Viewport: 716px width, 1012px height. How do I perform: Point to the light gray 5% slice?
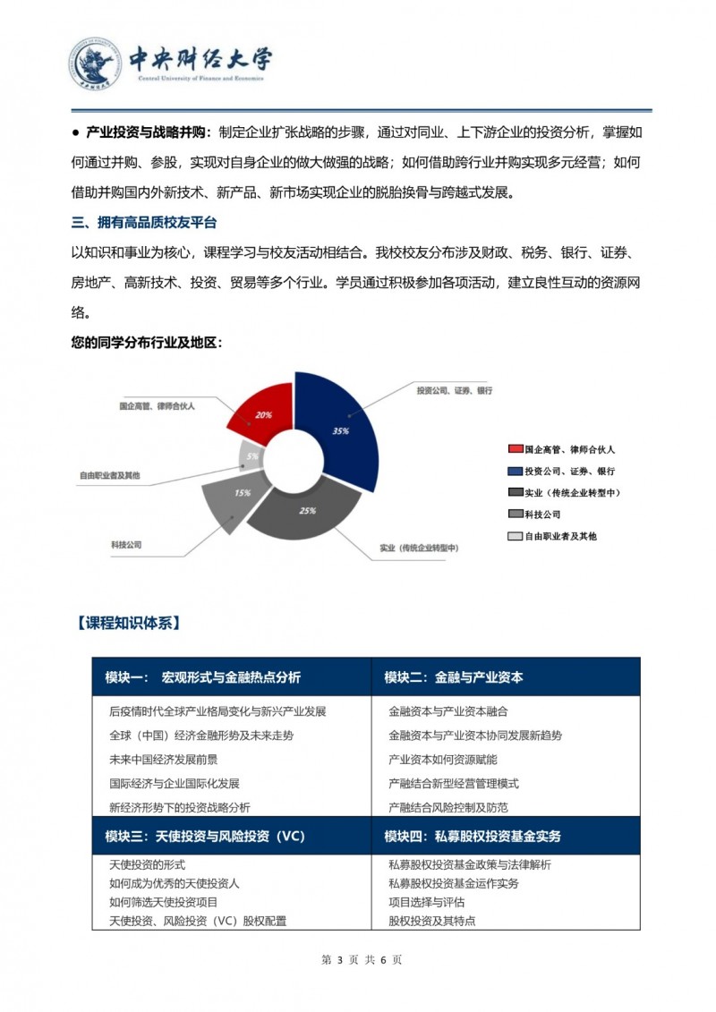click(251, 455)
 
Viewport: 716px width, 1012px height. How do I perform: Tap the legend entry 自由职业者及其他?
click(560, 536)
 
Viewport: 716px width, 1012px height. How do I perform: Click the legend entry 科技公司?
click(542, 515)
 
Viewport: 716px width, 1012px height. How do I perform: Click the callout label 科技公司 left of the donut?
click(126, 544)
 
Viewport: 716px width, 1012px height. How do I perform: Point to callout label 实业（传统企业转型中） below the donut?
click(419, 547)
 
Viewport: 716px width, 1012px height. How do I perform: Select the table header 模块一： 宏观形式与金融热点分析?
click(204, 677)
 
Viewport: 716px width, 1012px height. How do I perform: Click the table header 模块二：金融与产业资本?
click(454, 677)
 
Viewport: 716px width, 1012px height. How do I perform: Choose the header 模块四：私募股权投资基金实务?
click(473, 837)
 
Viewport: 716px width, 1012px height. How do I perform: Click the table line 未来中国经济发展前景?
click(163, 760)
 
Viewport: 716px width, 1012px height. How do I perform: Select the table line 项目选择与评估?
click(427, 902)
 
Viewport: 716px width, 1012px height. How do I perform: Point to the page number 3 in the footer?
click(340, 959)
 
